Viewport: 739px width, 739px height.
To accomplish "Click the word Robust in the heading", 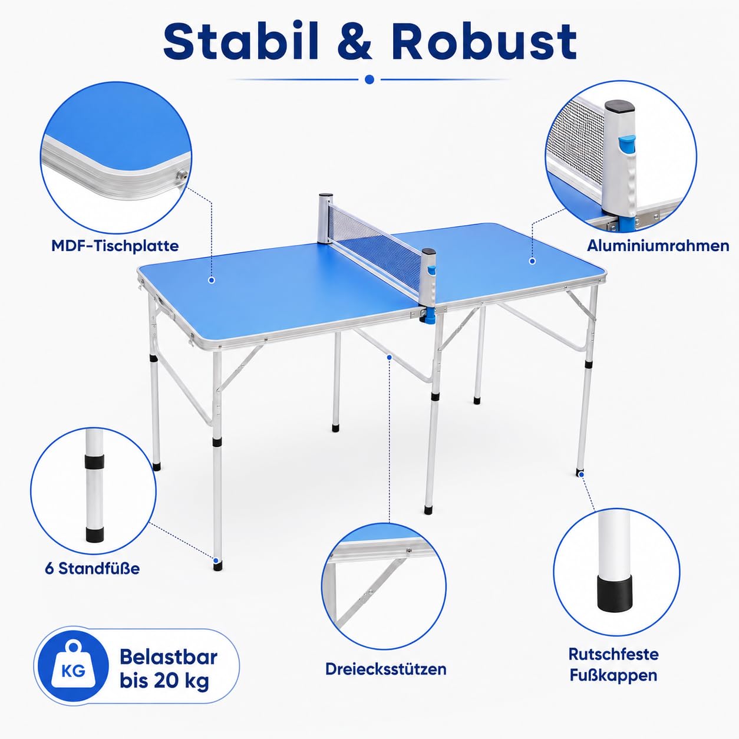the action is (484, 41).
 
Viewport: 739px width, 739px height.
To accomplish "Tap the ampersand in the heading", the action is (355, 41).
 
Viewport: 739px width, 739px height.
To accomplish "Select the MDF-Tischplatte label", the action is (115, 246).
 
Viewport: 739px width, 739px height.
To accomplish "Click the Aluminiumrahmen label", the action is (658, 246).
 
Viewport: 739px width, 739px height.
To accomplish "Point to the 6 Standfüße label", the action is (92, 568).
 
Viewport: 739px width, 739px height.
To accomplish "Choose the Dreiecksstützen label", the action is (386, 669).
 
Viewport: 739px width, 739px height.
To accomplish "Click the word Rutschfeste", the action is (613, 654).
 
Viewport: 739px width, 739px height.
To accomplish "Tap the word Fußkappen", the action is (613, 675).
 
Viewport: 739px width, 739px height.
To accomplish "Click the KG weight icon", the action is (73, 666).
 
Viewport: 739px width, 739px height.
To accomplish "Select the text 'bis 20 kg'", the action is (164, 681).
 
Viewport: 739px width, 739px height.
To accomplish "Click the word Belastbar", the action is (169, 657).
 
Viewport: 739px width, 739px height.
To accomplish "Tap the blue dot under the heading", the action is (369, 80).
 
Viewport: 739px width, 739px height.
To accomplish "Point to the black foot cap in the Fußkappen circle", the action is (614, 592).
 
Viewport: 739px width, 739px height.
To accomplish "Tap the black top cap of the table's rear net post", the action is (325, 196).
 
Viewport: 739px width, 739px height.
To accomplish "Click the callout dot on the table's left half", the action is (212, 281).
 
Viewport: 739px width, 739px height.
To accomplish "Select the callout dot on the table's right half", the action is (532, 261).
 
